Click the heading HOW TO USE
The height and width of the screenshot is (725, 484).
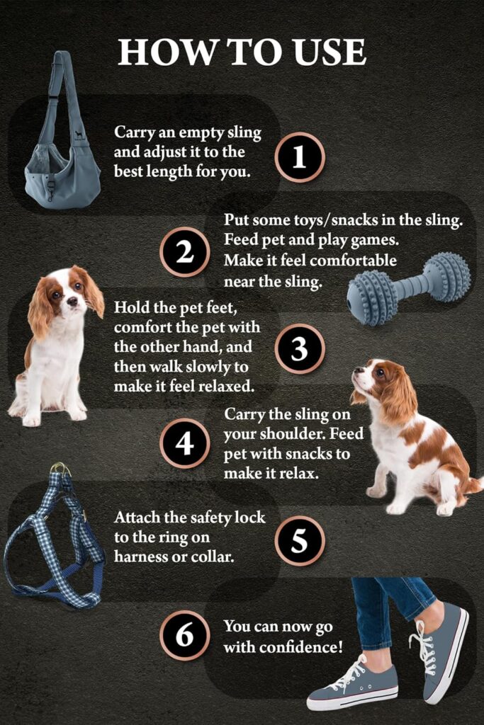coord(242,52)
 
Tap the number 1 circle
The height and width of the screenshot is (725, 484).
coord(299,157)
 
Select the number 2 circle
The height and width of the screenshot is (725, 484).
coord(184,252)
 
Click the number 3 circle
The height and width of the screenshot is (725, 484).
coord(299,348)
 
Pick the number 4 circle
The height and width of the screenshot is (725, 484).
coord(184,443)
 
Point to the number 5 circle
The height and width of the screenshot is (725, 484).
coord(299,541)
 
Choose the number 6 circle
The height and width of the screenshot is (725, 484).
coord(184,635)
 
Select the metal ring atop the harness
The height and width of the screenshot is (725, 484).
coord(60,468)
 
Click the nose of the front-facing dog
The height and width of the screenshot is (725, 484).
coord(72,302)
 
